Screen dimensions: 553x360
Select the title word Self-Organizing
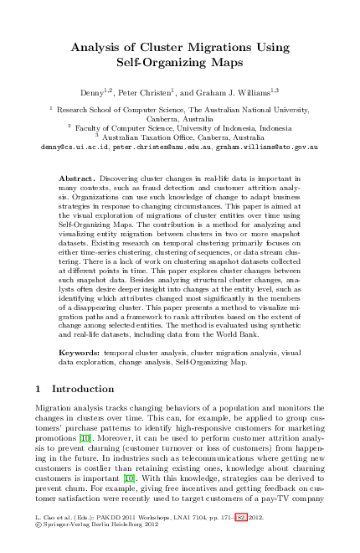(155, 62)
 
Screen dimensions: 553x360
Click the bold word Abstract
(80, 180)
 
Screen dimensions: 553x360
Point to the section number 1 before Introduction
(39, 389)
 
